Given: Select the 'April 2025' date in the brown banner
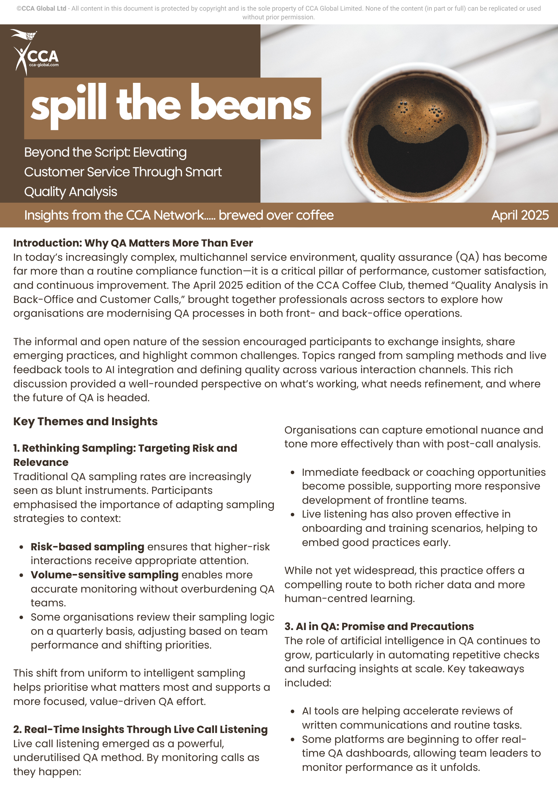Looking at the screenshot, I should pos(520,215).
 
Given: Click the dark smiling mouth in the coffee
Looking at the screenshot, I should pos(418,152).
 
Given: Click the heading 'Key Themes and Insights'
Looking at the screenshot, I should pos(85,421).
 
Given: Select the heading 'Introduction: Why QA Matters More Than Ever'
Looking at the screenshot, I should pos(133,243).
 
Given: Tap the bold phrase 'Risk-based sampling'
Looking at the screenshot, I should pos(87,547).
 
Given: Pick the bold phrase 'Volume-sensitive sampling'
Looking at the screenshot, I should pos(105,575).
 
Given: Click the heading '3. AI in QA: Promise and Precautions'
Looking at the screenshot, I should pos(379,626).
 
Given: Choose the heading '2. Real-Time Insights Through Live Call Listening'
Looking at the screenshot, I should pos(140,729).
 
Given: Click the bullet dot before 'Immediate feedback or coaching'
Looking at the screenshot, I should pos(292,473).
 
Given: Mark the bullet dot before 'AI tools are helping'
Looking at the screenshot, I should pos(292,711).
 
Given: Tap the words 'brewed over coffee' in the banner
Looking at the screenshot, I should pos(276,215).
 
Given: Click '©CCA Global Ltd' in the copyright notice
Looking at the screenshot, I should pos(41,8).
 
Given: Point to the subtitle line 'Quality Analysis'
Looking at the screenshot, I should pos(71,192).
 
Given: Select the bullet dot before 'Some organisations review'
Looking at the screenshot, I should pos(21,617).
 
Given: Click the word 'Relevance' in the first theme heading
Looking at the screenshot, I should pos(41,462).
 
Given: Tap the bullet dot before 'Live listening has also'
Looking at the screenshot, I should pos(292,514).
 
